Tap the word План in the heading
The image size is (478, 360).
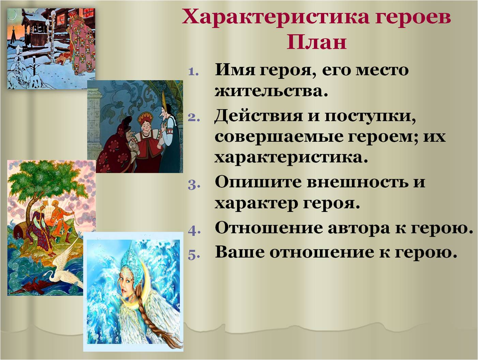pos(316,42)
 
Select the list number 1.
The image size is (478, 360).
pos(193,72)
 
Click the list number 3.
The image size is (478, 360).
pos(193,184)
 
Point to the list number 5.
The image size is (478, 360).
pos(193,254)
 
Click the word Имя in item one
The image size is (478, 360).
pos(235,70)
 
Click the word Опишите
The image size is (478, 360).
pos(258,182)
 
